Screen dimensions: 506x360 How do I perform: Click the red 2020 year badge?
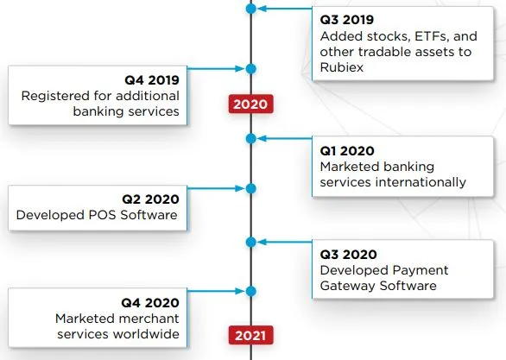point(250,104)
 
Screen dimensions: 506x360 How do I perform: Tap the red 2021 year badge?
point(250,335)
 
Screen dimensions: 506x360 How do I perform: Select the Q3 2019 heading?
point(347,20)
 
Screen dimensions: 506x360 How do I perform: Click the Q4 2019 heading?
point(152,80)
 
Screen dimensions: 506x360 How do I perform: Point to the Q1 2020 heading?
point(347,150)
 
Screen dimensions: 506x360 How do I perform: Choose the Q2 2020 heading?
point(150,199)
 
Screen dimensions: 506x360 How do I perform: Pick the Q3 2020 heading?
point(349,254)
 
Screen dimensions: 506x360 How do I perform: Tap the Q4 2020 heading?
point(150,302)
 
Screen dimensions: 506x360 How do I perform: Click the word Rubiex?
point(342,67)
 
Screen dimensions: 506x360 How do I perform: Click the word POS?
point(102,215)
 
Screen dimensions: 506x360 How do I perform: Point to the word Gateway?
point(347,286)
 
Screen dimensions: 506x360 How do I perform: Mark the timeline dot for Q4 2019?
point(250,69)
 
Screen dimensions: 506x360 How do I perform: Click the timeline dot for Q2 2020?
point(250,188)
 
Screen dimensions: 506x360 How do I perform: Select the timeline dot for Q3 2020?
point(250,242)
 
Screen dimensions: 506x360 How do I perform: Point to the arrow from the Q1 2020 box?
point(285,139)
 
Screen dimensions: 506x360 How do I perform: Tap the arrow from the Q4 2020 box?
point(216,291)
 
